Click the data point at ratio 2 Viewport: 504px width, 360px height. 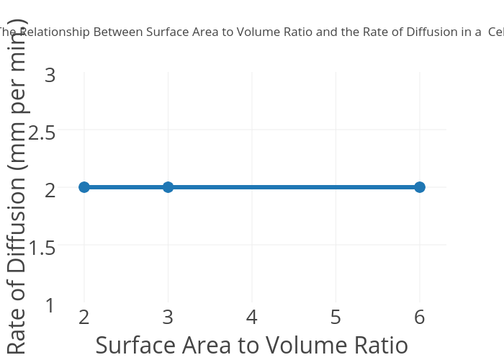pos(84,187)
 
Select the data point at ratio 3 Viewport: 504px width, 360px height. pos(168,187)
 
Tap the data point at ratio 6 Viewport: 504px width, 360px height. pos(420,187)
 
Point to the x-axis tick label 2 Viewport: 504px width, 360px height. pos(84,317)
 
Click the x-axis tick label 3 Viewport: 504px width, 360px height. pos(168,317)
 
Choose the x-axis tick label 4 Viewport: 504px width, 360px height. pos(252,317)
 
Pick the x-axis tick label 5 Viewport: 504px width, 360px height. pos(336,317)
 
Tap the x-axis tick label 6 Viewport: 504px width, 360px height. pos(420,317)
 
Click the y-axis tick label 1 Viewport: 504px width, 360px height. pos(50,305)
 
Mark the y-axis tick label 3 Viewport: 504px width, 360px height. pos(50,74)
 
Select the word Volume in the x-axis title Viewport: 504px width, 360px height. pos(301,346)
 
